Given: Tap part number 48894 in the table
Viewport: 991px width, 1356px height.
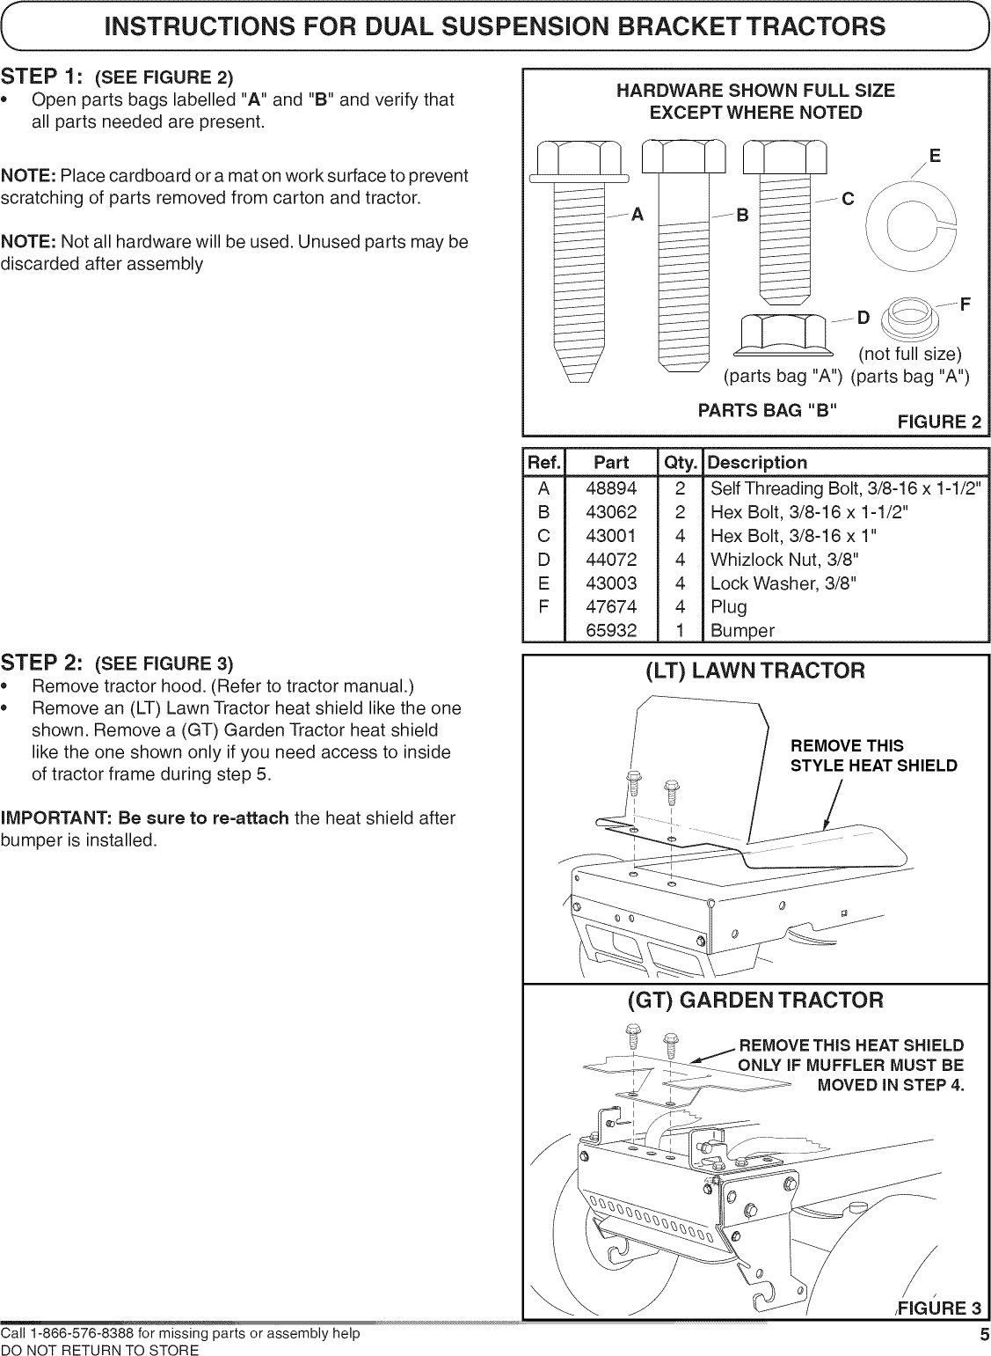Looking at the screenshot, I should pyautogui.click(x=611, y=487).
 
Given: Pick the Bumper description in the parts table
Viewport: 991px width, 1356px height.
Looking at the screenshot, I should pyautogui.click(x=742, y=630).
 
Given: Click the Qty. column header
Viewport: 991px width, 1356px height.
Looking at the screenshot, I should pyautogui.click(x=681, y=463).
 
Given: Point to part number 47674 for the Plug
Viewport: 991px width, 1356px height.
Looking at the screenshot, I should pyautogui.click(x=611, y=606).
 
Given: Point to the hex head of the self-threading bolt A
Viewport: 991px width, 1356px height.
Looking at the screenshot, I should pyautogui.click(x=579, y=161).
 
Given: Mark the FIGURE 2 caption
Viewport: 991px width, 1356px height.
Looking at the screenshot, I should pyautogui.click(x=937, y=421).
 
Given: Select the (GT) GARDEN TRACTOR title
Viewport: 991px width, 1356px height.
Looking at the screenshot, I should pyautogui.click(x=755, y=1001).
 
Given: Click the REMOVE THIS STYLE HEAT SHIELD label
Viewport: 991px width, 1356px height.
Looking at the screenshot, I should pyautogui.click(x=873, y=756).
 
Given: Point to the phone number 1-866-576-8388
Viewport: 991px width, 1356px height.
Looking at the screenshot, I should pyautogui.click(x=83, y=1334).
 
